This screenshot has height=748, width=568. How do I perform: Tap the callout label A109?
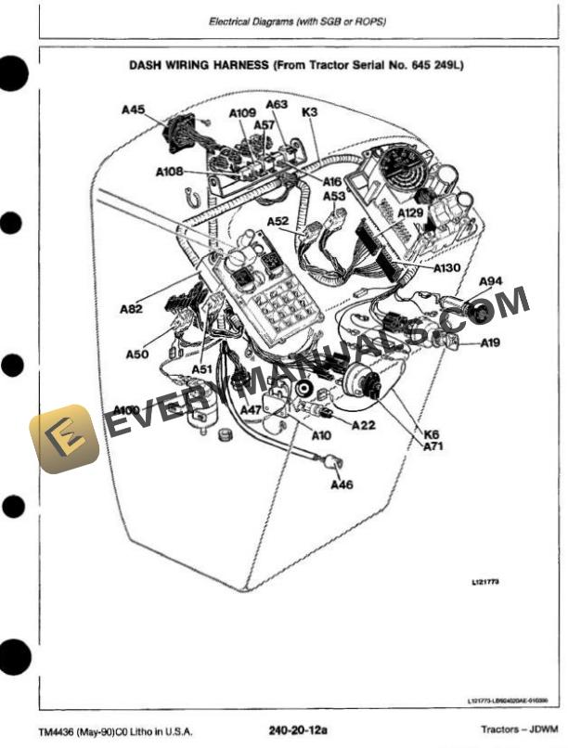pos(242,113)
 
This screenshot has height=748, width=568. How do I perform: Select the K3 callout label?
pos(310,112)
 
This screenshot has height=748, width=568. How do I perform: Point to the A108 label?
pos(170,171)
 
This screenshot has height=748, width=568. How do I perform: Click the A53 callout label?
pos(334,196)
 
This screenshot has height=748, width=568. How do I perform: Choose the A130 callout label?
pos(447,267)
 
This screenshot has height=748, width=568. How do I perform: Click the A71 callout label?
pos(433,446)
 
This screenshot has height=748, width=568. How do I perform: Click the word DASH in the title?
pos(150,66)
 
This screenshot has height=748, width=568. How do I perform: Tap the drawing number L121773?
pos(484,582)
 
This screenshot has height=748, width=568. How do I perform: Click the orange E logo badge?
pos(64,438)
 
